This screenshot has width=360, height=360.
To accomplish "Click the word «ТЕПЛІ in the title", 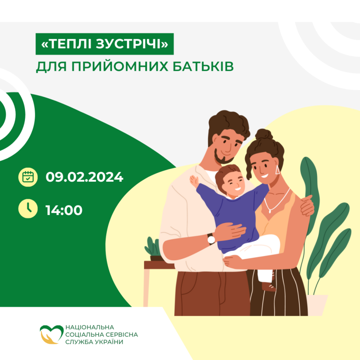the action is [67, 43].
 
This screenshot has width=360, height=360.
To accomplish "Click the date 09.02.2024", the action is [84, 177].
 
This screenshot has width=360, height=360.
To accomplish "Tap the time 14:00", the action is [64, 210].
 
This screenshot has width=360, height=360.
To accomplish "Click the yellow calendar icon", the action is [28, 177].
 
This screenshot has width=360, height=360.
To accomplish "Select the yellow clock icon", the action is [28, 209].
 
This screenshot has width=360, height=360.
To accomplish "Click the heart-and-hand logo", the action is [51, 334].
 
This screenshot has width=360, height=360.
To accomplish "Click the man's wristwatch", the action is [211, 239].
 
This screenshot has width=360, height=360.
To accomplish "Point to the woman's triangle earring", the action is [277, 170].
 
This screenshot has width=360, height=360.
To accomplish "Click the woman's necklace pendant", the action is [270, 211].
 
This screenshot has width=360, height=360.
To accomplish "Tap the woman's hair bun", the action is [264, 134].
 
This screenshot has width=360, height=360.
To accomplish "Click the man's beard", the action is [222, 157].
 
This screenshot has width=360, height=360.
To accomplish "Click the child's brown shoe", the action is [269, 287].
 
